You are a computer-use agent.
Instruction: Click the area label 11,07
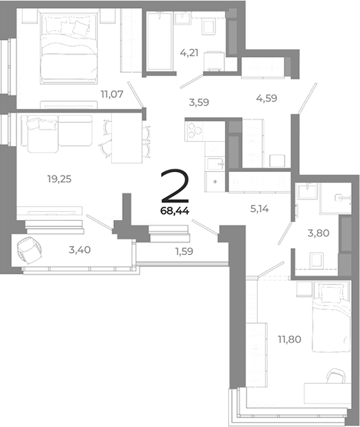tap(111, 95)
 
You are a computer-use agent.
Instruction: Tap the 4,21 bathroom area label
tap(189, 51)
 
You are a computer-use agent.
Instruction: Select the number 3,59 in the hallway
tap(198, 103)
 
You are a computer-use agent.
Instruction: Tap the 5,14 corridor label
tap(258, 204)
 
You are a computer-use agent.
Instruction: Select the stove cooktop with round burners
tap(195, 130)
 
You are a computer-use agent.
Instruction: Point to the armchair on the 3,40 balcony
tap(29, 252)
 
